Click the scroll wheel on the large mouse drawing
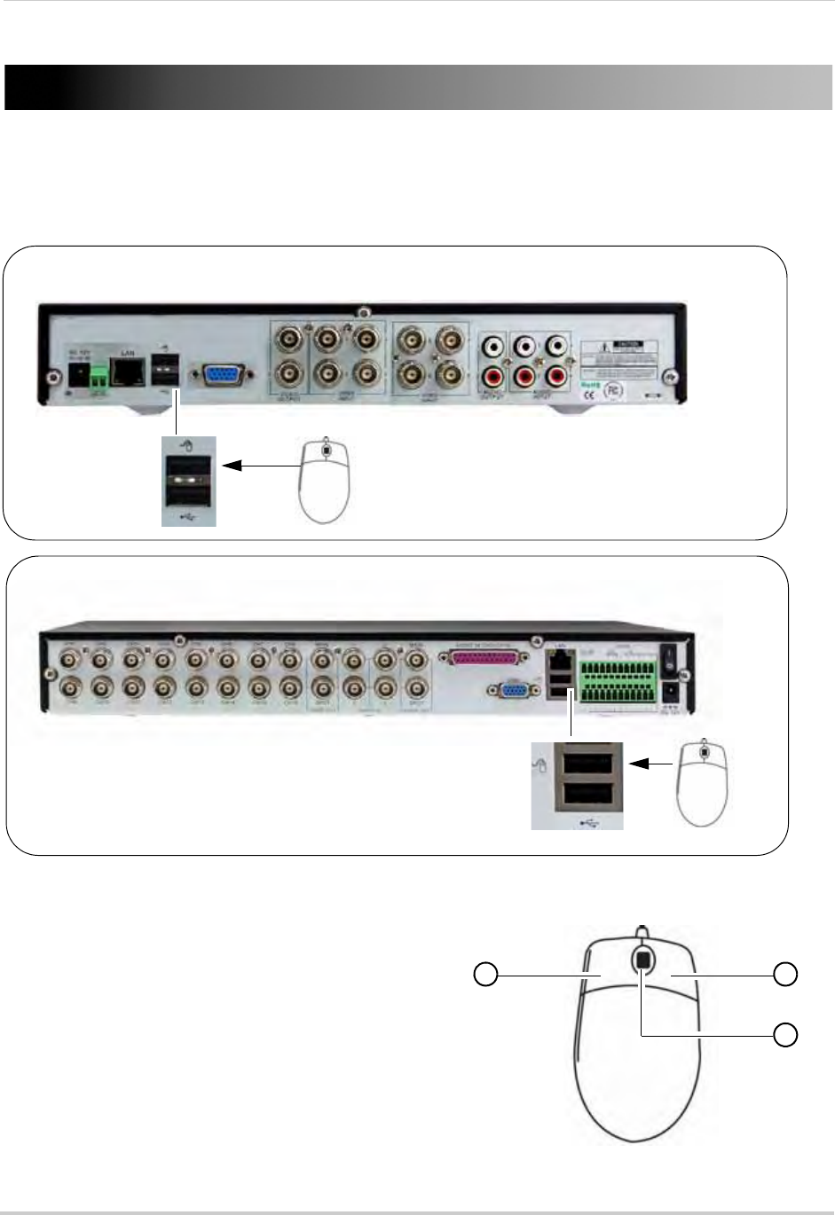point(642,960)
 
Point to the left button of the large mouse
point(603,984)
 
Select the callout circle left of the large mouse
point(484,975)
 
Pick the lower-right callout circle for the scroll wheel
point(785,1034)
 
